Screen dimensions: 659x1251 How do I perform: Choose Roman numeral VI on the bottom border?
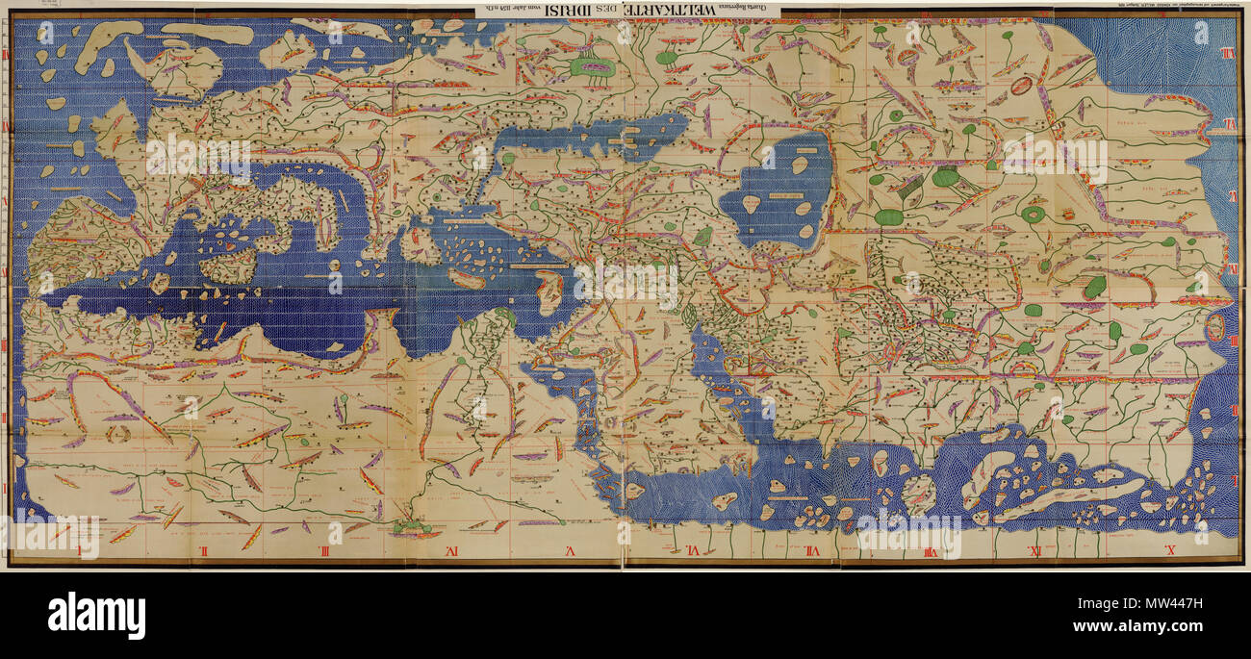click(692, 551)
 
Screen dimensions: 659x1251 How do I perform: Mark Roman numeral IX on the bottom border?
click(1034, 551)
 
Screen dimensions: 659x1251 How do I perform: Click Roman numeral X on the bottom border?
click(1171, 551)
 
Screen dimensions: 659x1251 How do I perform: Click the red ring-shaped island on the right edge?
click(1215, 327)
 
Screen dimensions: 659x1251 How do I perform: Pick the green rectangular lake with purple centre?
click(591, 66)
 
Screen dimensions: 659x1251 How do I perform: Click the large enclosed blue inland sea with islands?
click(779, 188)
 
